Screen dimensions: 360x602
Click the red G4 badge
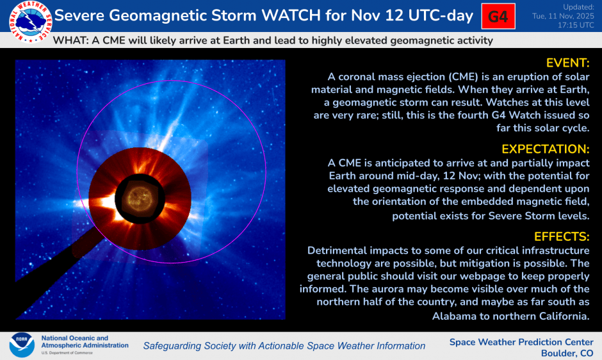click(x=498, y=17)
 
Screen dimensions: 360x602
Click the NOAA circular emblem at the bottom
click(x=22, y=345)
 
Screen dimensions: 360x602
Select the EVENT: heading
click(x=567, y=63)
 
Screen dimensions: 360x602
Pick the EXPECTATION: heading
click(x=545, y=149)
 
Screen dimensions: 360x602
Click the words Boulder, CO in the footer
click(x=567, y=353)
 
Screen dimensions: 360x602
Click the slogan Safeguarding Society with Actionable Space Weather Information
click(x=284, y=346)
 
